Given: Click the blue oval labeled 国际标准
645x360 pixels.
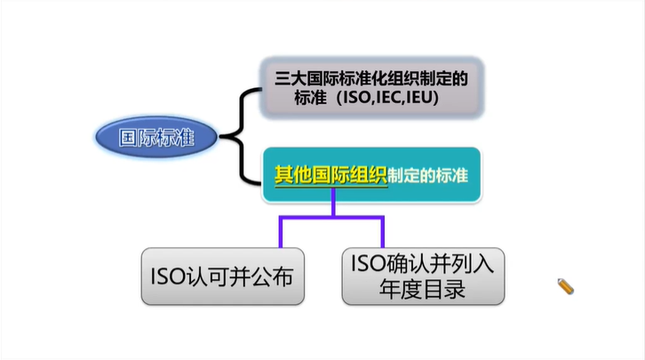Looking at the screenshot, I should click(x=156, y=137).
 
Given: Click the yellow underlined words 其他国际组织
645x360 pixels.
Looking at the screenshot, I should click(x=330, y=174).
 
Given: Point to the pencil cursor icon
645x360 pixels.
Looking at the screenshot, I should click(x=565, y=285).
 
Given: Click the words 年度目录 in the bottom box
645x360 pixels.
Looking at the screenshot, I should click(x=422, y=290).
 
